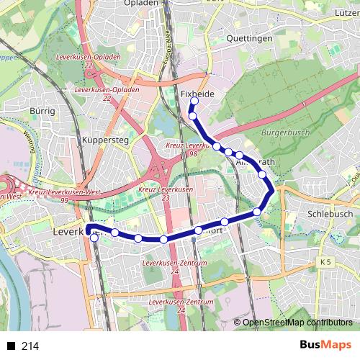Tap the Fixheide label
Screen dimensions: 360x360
tap(198, 94)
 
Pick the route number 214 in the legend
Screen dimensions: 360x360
tap(30, 346)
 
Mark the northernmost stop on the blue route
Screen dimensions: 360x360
tap(194, 102)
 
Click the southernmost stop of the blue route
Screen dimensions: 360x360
tap(94, 238)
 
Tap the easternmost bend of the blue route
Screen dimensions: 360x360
tap(271, 192)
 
